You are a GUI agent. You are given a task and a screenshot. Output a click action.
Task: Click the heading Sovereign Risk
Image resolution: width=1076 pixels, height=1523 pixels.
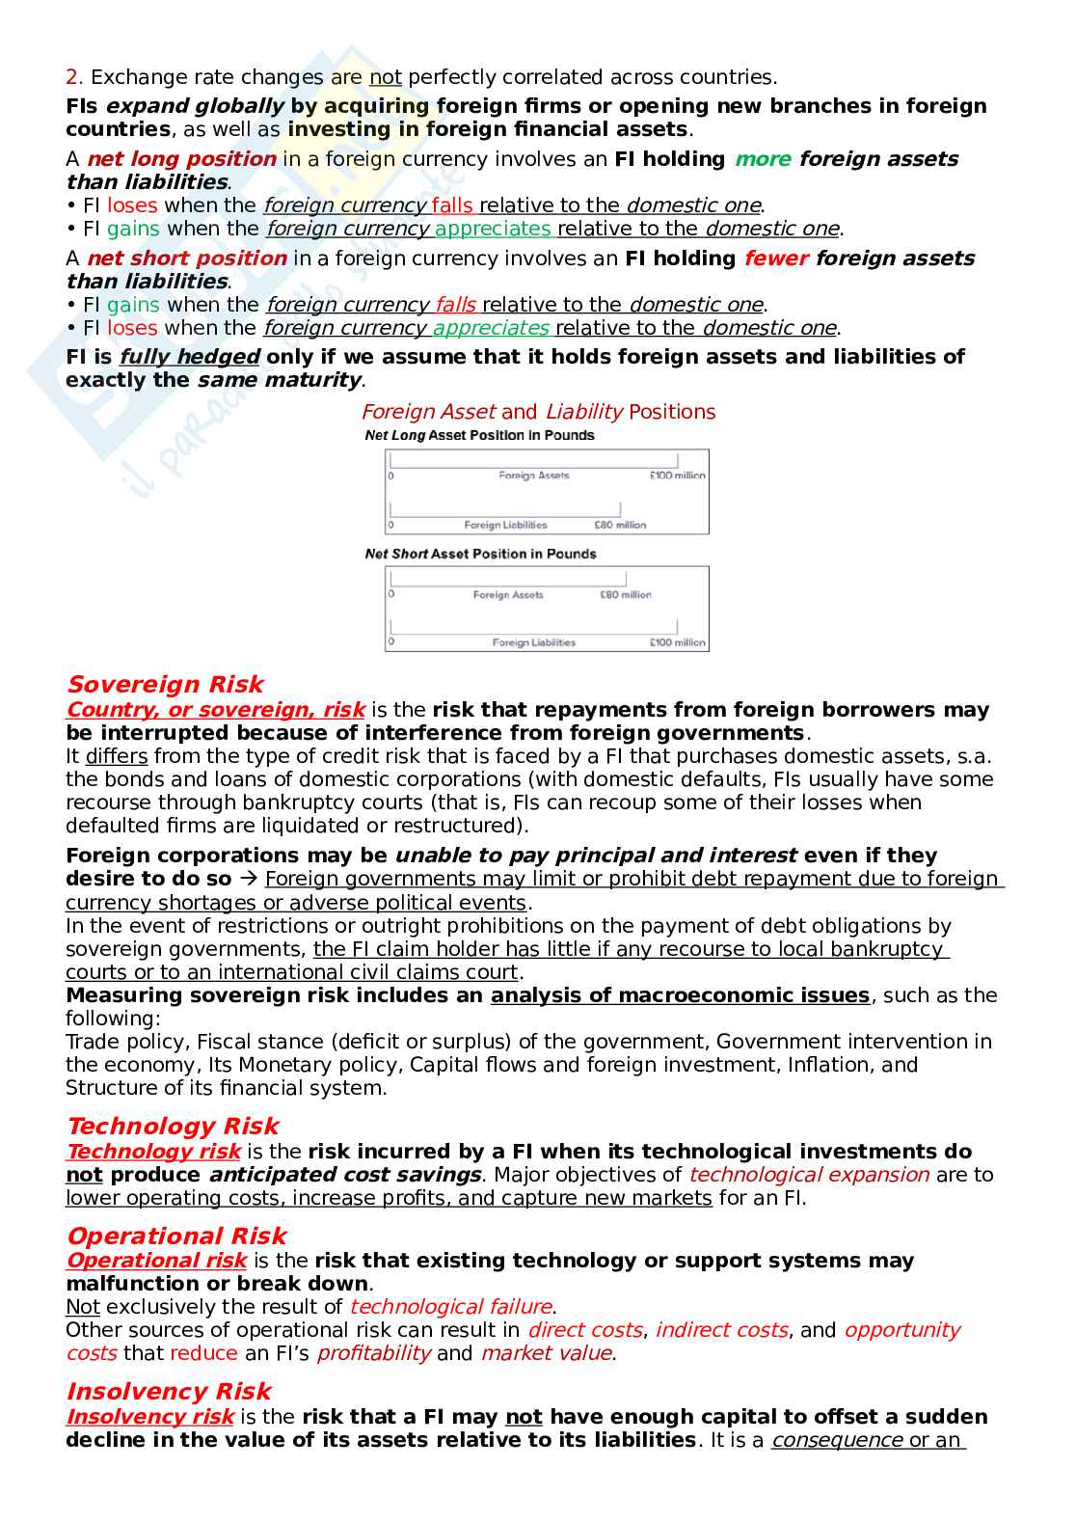(x=164, y=685)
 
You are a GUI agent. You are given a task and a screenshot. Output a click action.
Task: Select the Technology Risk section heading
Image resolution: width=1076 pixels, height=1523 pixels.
(x=173, y=1127)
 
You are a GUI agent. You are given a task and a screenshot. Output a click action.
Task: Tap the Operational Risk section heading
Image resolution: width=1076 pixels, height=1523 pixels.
(x=176, y=1237)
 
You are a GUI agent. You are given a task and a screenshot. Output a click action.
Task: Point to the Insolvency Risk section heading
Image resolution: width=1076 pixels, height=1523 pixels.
(x=169, y=1392)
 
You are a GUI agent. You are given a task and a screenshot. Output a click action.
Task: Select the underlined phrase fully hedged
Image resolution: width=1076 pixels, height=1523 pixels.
(x=190, y=357)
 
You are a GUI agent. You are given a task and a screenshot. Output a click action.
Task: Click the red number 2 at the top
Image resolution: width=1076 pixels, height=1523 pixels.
(x=71, y=77)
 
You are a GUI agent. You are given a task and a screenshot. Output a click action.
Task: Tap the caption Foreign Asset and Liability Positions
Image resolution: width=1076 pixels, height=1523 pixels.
(x=538, y=412)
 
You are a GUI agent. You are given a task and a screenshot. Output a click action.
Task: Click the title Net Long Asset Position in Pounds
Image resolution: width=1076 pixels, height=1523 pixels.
(x=479, y=436)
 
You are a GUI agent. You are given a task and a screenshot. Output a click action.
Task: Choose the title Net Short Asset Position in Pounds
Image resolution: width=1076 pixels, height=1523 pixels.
(x=480, y=555)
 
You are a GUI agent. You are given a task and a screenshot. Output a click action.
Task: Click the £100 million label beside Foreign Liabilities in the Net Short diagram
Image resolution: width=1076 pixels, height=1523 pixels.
(x=677, y=643)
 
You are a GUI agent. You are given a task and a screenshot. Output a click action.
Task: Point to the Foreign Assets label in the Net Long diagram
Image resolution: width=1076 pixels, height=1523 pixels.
(x=533, y=476)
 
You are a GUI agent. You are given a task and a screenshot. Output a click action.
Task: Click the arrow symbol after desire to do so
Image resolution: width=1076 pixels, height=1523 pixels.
(x=248, y=880)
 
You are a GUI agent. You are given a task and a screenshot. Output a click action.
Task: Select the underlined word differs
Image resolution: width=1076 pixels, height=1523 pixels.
(x=116, y=757)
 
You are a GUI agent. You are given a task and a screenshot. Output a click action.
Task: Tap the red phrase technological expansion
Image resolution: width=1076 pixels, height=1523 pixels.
(x=808, y=1176)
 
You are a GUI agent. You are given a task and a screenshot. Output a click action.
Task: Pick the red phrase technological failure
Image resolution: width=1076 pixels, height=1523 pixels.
(x=450, y=1308)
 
